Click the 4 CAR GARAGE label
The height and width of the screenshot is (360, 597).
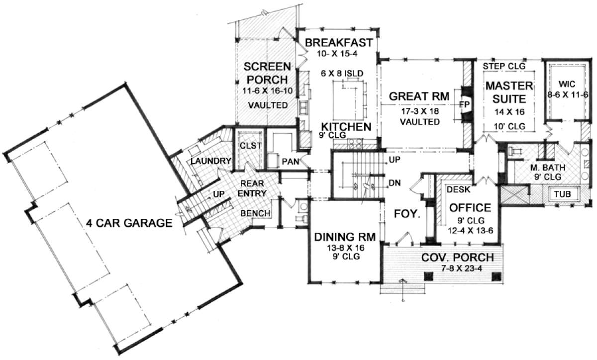point(129,223)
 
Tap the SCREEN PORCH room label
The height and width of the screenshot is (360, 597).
point(267,73)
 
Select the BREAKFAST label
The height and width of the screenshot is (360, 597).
point(339,43)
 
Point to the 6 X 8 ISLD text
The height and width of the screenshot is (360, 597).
point(342,73)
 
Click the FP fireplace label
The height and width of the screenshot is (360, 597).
point(464,104)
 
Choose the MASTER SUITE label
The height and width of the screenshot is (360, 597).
point(509,92)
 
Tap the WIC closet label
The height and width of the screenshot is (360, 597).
point(567,84)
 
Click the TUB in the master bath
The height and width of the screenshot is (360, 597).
point(563,194)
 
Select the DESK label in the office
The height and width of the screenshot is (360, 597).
point(458,189)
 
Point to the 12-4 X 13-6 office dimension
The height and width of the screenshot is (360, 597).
point(471,231)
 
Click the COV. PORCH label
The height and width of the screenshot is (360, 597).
point(458,258)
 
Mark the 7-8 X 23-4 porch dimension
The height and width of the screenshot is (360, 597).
point(462,269)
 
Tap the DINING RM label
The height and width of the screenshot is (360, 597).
point(345,237)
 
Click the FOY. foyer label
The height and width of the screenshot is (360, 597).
point(407,214)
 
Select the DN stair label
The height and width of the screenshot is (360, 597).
point(395,183)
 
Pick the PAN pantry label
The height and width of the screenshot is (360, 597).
point(290,162)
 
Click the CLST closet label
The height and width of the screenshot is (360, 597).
point(251,146)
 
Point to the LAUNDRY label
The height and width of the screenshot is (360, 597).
point(211,161)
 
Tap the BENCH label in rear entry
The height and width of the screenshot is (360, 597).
point(255,213)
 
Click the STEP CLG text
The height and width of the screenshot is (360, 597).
point(504,66)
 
